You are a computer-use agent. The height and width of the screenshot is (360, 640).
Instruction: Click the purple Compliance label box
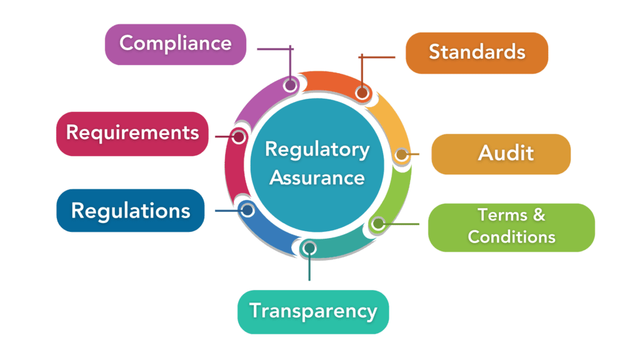[175, 44]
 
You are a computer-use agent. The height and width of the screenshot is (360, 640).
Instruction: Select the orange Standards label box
[477, 52]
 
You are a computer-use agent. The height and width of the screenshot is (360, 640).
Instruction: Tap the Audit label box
[501, 154]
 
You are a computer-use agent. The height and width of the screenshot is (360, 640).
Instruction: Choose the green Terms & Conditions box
[511, 227]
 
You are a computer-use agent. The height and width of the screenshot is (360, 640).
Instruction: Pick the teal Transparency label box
[312, 311]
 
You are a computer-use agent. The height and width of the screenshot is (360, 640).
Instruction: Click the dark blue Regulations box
[131, 211]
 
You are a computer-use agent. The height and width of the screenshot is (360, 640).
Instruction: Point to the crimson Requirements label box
[132, 133]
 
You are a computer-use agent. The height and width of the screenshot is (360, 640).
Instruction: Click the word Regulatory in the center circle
[317, 150]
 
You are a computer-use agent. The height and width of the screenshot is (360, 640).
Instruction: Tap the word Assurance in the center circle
[317, 177]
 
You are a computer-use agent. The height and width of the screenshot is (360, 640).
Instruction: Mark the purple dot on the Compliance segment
[290, 85]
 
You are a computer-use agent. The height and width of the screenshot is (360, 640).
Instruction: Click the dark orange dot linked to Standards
[362, 92]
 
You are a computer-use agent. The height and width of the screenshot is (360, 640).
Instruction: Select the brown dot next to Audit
[400, 154]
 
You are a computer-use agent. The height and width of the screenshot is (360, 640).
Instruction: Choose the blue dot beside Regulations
[246, 209]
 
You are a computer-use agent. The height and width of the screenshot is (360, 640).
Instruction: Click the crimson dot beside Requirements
[238, 136]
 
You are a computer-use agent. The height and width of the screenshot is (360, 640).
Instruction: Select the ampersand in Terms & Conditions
[538, 216]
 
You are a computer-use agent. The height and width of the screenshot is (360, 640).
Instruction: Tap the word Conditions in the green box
[511, 237]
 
